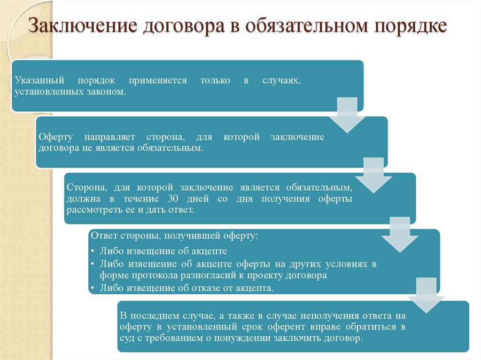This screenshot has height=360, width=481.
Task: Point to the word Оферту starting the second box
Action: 55,137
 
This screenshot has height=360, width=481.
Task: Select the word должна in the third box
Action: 82,198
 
